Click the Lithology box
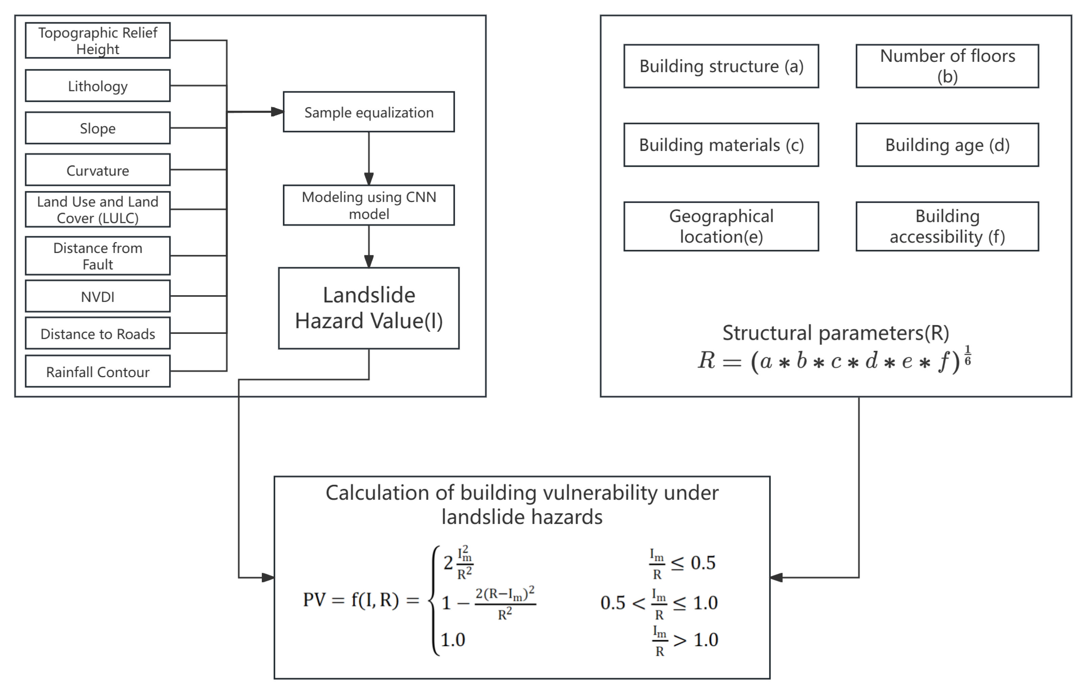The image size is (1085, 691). coord(97,86)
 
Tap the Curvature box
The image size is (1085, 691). coord(97,170)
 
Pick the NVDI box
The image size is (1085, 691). coord(97,296)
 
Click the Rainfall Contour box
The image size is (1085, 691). coord(97,372)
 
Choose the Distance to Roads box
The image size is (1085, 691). coord(97,334)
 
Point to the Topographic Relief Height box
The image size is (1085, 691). coord(97,41)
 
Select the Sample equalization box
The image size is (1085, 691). coord(369,112)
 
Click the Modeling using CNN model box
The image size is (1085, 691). coord(369,205)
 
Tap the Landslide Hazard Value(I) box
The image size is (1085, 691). coord(369,308)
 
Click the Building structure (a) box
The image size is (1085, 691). coord(721,66)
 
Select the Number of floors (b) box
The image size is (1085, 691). coord(947,66)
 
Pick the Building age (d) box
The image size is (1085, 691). coord(947,145)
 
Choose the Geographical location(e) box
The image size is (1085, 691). coord(721,226)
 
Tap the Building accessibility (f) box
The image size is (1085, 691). coord(947,226)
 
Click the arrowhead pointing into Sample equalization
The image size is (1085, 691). coord(277,112)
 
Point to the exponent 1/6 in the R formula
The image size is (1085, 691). coord(967,355)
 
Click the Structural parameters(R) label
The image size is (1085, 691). coord(835,333)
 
